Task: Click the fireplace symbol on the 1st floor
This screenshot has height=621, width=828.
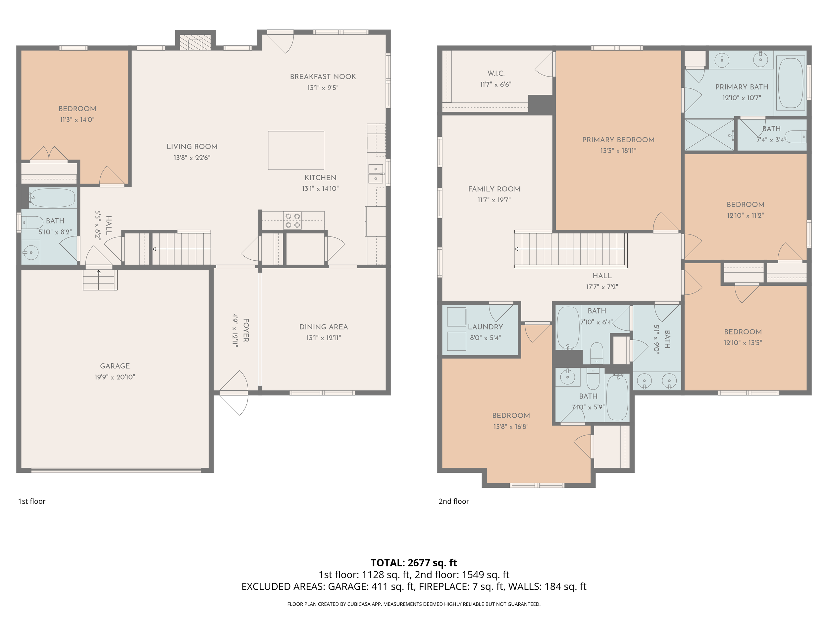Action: [195, 42]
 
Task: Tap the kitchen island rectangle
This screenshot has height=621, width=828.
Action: [296, 150]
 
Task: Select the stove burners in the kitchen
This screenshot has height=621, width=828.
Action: [292, 221]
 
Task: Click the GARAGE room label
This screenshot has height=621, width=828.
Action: [115, 366]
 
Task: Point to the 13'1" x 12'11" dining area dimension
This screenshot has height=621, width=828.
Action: [323, 337]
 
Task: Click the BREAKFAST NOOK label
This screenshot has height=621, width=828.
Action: [323, 77]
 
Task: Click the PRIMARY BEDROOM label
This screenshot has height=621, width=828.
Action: [618, 140]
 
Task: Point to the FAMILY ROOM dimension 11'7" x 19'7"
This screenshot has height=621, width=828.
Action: [494, 200]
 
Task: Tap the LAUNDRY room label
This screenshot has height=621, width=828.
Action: [485, 327]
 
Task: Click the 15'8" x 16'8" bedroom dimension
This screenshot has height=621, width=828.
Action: [511, 426]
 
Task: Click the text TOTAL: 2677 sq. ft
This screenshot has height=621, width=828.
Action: [414, 563]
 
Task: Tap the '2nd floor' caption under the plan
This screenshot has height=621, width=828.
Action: [453, 501]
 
